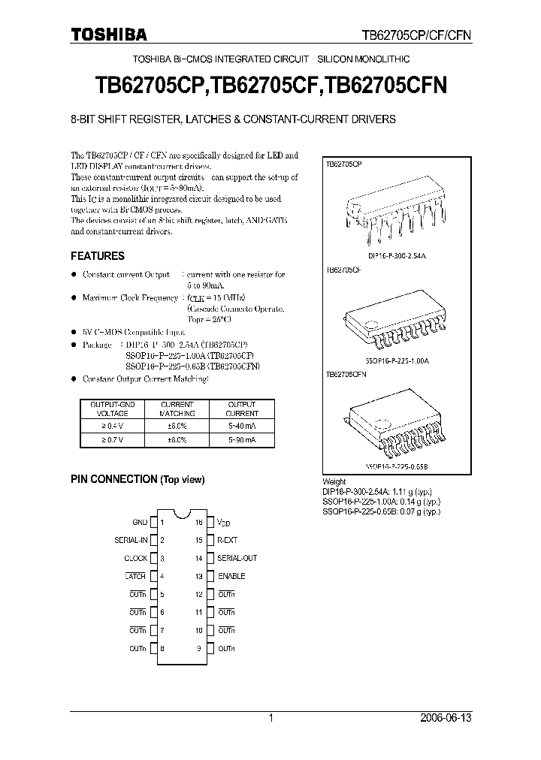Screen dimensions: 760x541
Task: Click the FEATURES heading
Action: pyautogui.click(x=98, y=256)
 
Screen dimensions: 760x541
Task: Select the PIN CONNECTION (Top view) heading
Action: pyautogui.click(x=138, y=479)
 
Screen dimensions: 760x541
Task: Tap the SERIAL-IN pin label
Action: pyautogui.click(x=131, y=540)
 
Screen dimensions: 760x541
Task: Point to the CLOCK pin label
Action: pyautogui.click(x=136, y=558)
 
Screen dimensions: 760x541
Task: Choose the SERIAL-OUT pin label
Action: pyautogui.click(x=237, y=558)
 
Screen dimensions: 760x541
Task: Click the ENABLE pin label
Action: pyautogui.click(x=231, y=576)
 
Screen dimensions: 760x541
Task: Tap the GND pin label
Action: pyautogui.click(x=140, y=522)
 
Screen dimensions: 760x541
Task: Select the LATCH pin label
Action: pyautogui.click(x=136, y=576)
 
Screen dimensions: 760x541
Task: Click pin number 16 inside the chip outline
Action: pyautogui.click(x=199, y=522)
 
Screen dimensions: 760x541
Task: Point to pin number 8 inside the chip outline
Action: pyautogui.click(x=162, y=648)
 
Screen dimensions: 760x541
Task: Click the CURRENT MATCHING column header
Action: pyautogui.click(x=178, y=409)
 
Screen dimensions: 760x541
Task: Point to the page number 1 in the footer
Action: pyautogui.click(x=270, y=718)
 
